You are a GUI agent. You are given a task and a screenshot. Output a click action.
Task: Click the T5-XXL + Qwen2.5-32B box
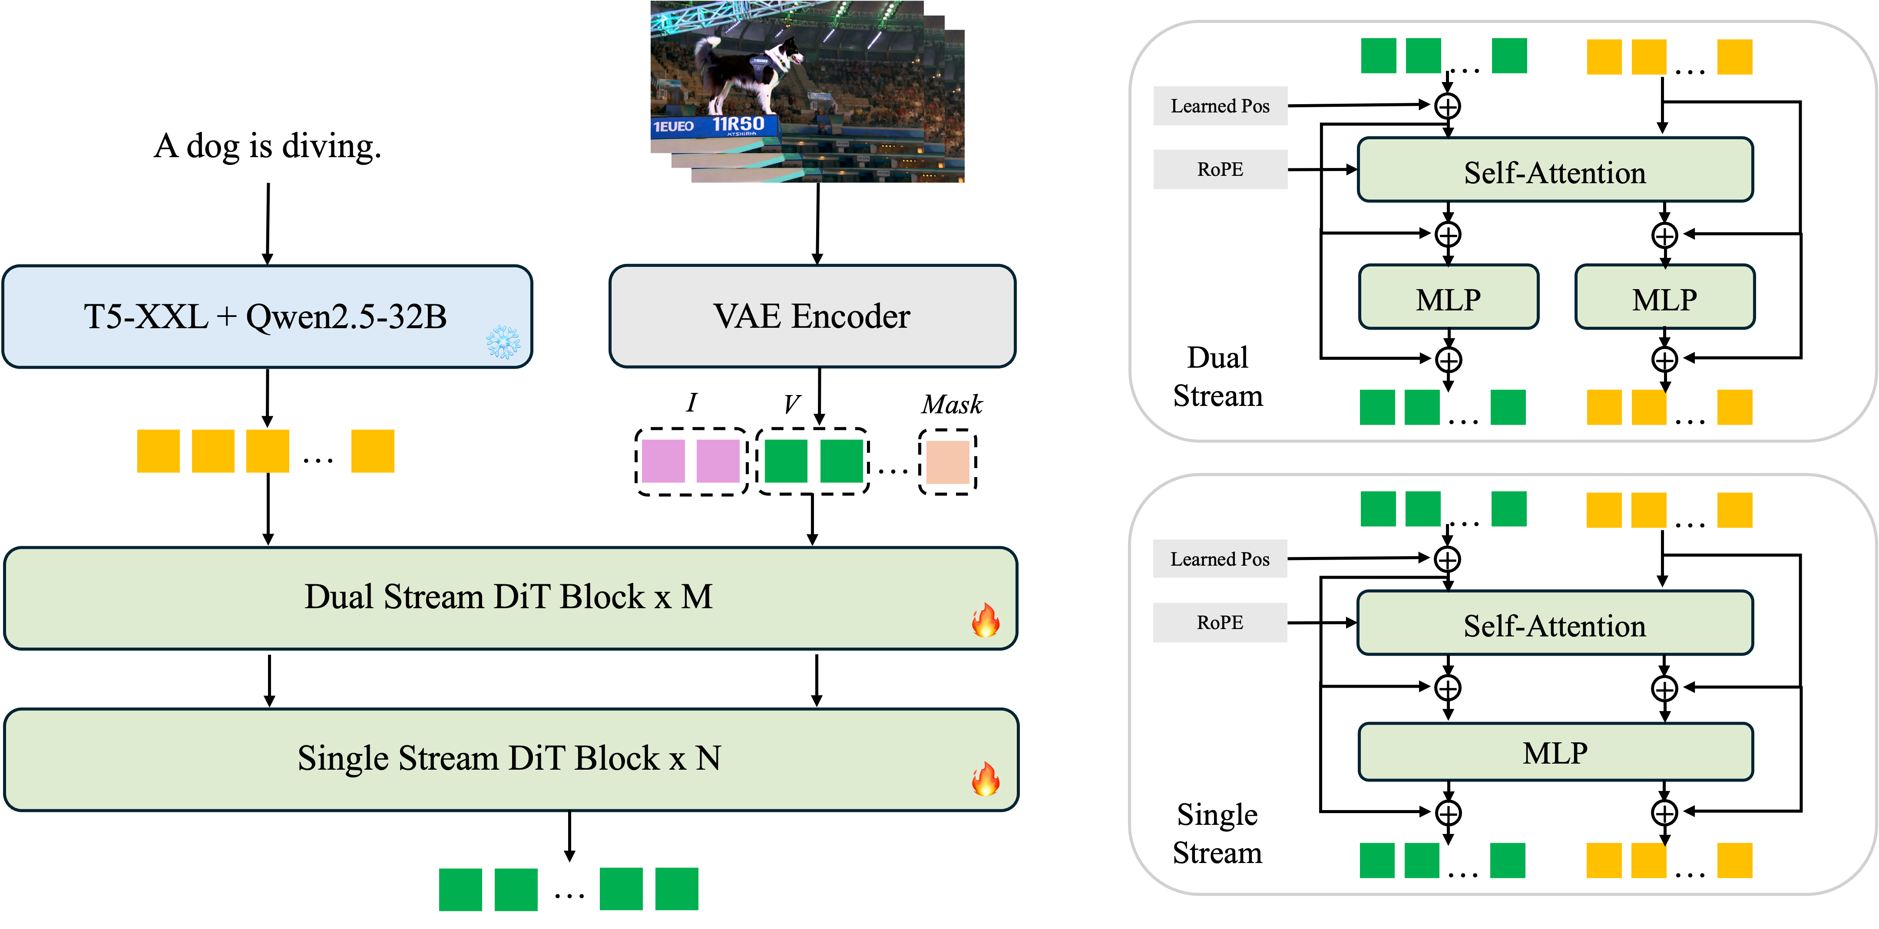[267, 316]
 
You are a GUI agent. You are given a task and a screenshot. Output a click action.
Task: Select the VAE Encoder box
[812, 316]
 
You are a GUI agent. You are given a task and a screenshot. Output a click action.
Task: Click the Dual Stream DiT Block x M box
[509, 598]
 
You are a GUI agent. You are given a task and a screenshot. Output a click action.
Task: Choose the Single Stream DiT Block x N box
[509, 759]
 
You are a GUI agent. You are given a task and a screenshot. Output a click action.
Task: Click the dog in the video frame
[744, 73]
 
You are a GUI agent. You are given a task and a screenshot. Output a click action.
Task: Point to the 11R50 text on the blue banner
[738, 124]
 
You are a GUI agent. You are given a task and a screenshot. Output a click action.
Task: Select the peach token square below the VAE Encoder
[947, 461]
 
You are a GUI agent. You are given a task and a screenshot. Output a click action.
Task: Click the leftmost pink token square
[663, 461]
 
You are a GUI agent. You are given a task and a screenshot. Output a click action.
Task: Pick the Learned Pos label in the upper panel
[1221, 106]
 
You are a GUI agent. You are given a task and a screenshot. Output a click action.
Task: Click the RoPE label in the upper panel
[1221, 169]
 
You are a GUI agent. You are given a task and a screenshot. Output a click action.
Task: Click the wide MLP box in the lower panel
[1555, 752]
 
